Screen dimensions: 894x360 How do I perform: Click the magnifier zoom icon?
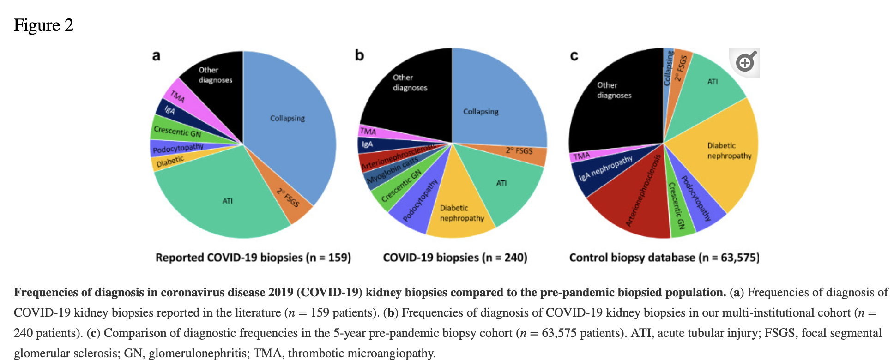(x=744, y=62)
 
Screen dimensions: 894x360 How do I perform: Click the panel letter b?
(x=359, y=55)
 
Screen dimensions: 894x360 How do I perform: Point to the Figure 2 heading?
(x=43, y=25)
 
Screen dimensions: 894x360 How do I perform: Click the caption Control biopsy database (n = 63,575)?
(x=664, y=258)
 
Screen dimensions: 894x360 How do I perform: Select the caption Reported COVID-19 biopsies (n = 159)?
(x=253, y=258)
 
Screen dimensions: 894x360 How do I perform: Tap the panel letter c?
(x=574, y=56)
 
